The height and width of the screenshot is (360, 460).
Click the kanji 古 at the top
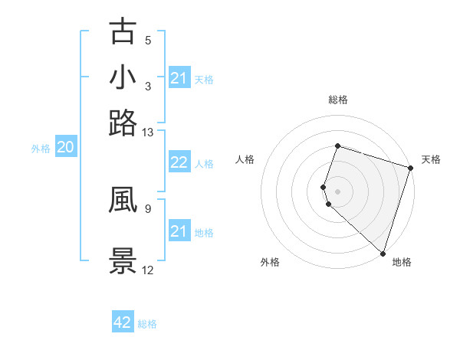pyautogui.click(x=123, y=31)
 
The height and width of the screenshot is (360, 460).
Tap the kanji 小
pyautogui.click(x=123, y=77)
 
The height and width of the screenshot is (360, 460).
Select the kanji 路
pyautogui.click(x=123, y=123)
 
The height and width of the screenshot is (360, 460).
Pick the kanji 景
pyautogui.click(x=123, y=260)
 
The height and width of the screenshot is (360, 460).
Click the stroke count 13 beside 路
pyautogui.click(x=148, y=133)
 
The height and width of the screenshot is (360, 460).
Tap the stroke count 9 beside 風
pyautogui.click(x=148, y=207)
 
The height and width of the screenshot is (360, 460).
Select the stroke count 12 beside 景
pyautogui.click(x=148, y=270)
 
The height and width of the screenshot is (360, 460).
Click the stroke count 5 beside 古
pyautogui.click(x=148, y=41)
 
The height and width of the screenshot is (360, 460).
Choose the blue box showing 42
pyautogui.click(x=123, y=322)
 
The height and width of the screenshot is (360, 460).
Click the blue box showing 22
pyautogui.click(x=179, y=162)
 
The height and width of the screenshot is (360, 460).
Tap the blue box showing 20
pyautogui.click(x=65, y=148)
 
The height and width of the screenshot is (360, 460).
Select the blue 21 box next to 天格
pyautogui.click(x=179, y=78)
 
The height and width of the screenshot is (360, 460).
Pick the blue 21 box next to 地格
pyautogui.click(x=179, y=231)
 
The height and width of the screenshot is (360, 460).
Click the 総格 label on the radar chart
pyautogui.click(x=337, y=100)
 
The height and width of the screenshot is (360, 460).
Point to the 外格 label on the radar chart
pyautogui.click(x=270, y=262)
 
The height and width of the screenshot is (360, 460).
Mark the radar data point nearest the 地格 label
pyautogui.click(x=383, y=254)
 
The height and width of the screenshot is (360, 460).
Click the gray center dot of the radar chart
pyautogui.click(x=337, y=190)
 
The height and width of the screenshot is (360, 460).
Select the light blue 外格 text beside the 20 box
pyautogui.click(x=41, y=149)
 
